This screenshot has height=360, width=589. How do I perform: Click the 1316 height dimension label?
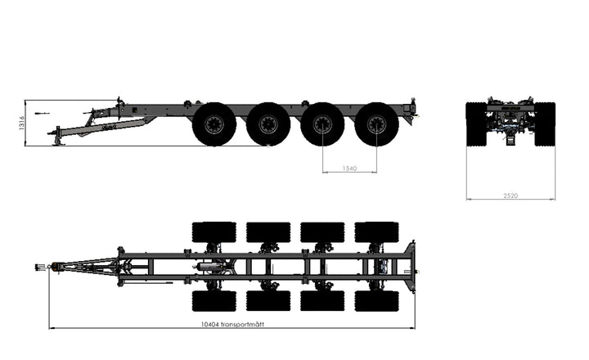21,123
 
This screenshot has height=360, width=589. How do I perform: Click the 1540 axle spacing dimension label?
349,169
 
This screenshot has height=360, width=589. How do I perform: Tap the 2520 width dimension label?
510,196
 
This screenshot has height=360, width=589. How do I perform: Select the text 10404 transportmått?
232,324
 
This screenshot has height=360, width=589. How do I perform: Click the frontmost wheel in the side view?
214,124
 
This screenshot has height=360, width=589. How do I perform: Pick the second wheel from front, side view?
268,124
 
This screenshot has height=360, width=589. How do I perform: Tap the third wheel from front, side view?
322,124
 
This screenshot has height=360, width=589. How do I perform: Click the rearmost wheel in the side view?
376,124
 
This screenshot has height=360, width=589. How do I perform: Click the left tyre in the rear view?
476,124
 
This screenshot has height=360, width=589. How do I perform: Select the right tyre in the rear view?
545,124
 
